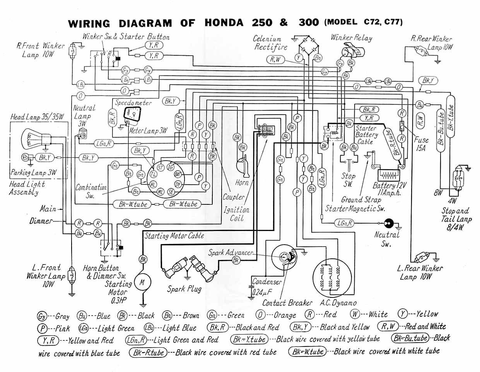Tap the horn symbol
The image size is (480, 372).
[243, 164]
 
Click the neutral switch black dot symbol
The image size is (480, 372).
[388, 224]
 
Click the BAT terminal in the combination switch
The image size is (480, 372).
[178, 175]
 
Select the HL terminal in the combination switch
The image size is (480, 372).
[153, 184]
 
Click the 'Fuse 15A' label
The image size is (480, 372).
[420, 143]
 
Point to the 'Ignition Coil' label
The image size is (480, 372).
[237, 214]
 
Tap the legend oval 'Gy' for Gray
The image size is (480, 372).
[42, 316]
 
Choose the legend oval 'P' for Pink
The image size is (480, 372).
[43, 328]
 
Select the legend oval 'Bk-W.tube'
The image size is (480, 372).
[308, 351]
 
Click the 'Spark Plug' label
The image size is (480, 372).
[184, 289]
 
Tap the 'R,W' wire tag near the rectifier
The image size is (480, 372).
[275, 59]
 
